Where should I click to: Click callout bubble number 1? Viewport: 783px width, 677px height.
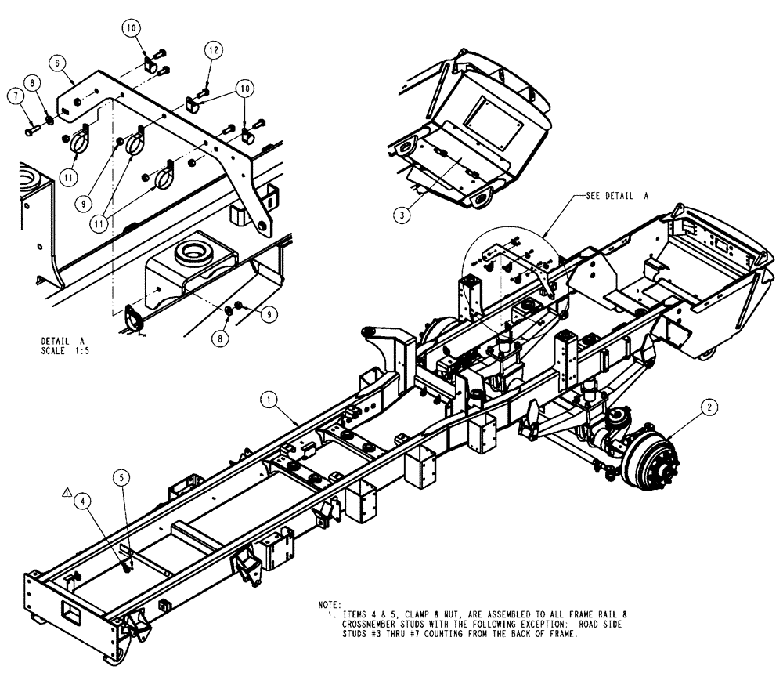(269, 400)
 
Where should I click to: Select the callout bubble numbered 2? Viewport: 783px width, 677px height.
(708, 407)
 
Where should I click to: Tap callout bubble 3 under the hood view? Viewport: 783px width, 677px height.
(401, 212)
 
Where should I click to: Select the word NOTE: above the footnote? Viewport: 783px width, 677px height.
(330, 605)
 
